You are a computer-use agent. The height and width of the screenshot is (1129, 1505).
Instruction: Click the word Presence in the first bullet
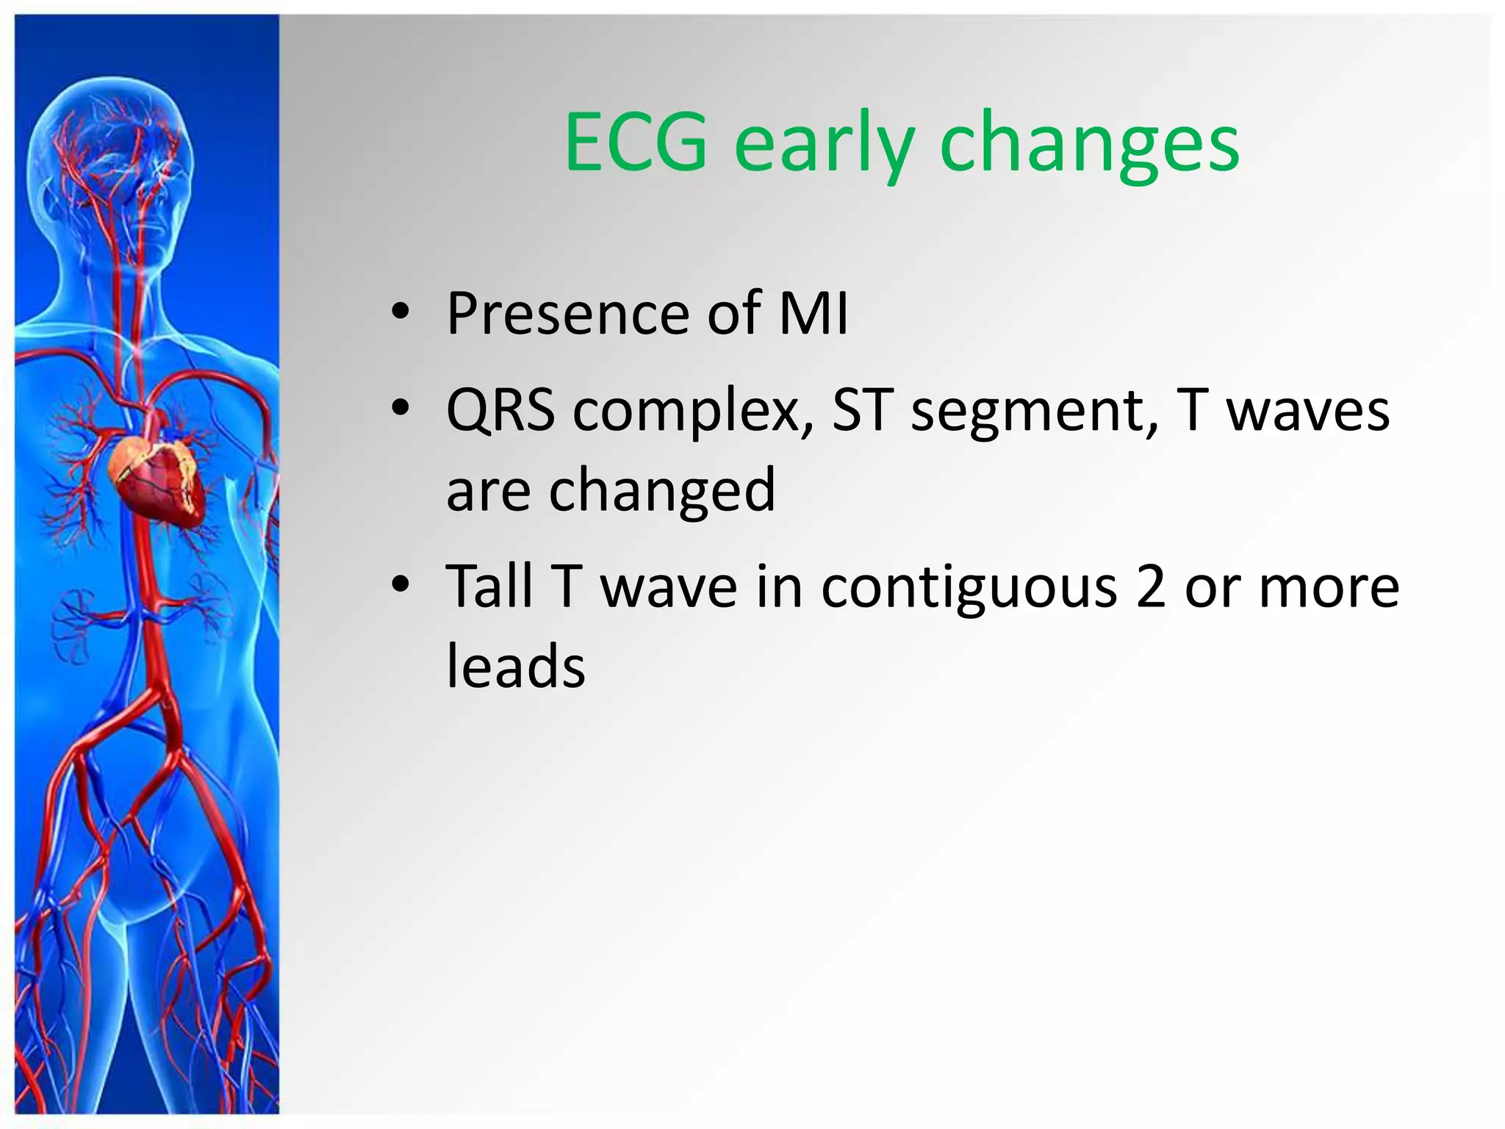coord(567,314)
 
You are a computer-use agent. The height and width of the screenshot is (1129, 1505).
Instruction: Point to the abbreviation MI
coord(813,314)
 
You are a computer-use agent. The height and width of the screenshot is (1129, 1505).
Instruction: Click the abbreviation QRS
coord(500,411)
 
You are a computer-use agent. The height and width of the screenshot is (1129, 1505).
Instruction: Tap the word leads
coord(516,666)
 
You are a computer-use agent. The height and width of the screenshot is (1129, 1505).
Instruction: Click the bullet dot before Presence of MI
coord(400,312)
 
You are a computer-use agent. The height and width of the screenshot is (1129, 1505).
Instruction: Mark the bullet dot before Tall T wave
coord(400,585)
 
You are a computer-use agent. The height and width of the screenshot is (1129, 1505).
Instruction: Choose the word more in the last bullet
coord(1329,588)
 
